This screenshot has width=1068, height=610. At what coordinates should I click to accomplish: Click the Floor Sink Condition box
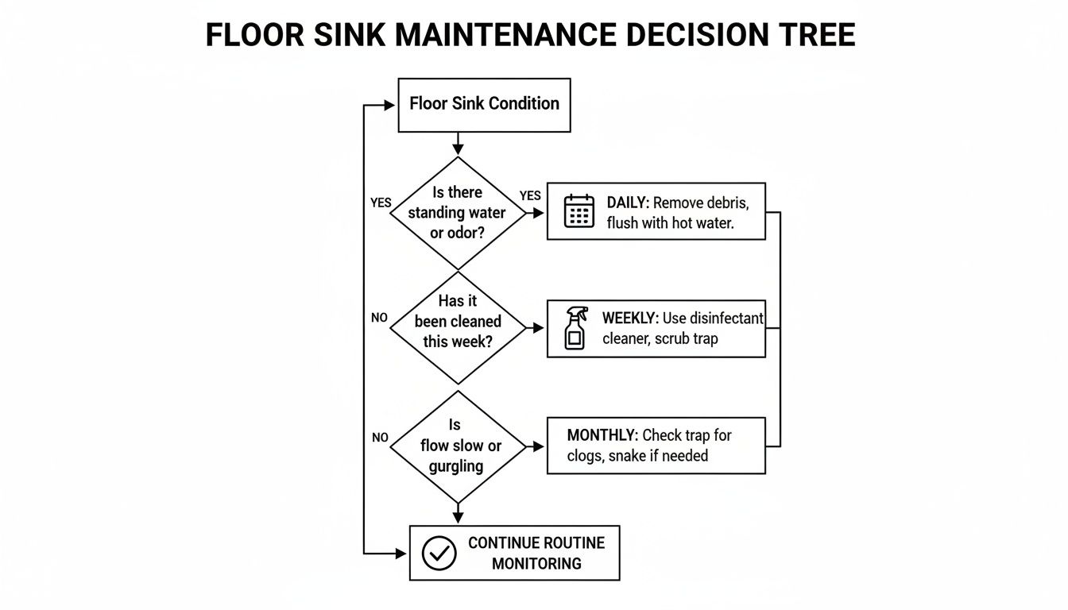tap(484, 104)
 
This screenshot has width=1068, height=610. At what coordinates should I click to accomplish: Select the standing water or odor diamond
tap(457, 212)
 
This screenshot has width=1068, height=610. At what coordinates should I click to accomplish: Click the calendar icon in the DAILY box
tap(579, 211)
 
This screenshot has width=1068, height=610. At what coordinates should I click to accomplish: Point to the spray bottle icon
tap(575, 328)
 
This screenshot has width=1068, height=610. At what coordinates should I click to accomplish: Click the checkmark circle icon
tap(439, 553)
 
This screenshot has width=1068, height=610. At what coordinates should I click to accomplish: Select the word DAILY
tap(628, 203)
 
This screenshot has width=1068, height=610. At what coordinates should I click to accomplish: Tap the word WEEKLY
tap(630, 318)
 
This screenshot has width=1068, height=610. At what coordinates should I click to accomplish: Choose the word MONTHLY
tap(602, 435)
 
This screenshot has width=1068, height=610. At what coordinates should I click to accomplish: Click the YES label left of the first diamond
tap(381, 203)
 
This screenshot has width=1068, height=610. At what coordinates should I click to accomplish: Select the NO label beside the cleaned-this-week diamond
tap(380, 318)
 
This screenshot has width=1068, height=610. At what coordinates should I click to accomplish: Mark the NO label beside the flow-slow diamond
tap(380, 438)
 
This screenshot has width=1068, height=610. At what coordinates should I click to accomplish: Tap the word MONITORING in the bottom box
tap(536, 564)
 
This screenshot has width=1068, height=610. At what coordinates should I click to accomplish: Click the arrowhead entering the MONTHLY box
tap(540, 447)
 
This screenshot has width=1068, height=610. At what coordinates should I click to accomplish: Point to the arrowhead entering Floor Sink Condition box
tap(390, 105)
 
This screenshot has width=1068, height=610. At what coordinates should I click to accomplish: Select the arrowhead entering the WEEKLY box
tap(540, 327)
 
